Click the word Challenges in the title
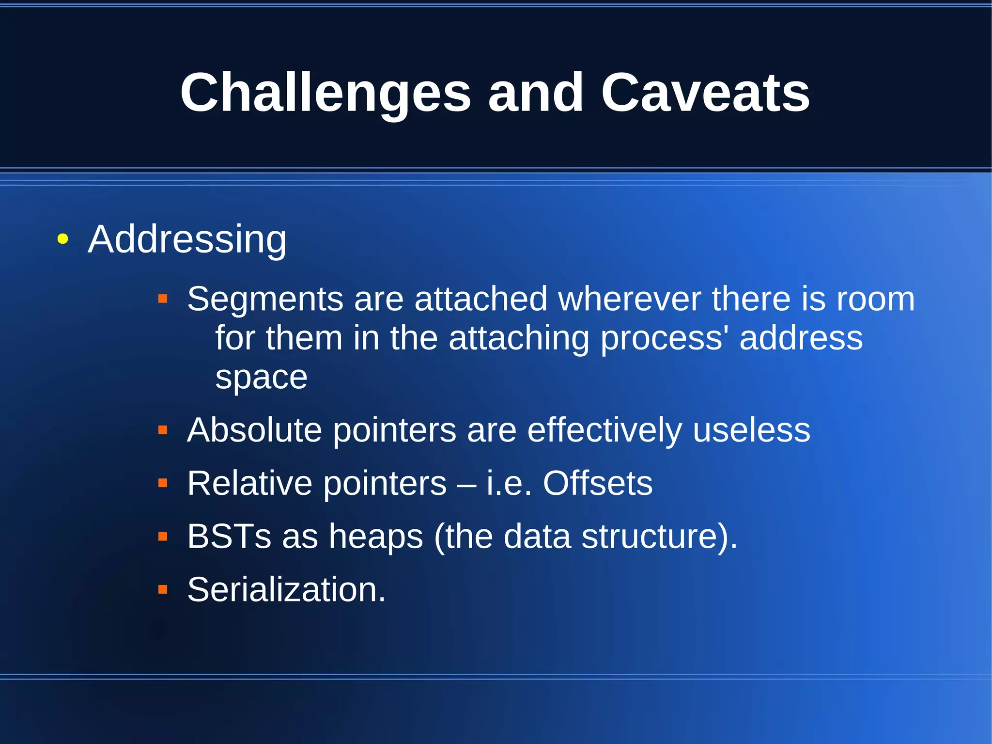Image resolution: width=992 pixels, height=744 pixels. tap(325, 93)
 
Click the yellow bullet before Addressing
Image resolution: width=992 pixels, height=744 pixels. tap(62, 239)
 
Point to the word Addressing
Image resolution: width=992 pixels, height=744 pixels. tap(187, 239)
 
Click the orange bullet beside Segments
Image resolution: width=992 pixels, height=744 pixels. tap(163, 299)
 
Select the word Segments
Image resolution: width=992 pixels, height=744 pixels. tap(265, 299)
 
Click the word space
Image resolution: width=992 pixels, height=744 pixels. tap(261, 378)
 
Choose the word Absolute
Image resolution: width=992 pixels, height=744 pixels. tap(254, 430)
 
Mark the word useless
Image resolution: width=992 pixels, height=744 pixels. tap(751, 430)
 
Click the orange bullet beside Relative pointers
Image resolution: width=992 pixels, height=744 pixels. tap(163, 483)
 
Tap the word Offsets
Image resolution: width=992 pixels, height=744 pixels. tap(597, 483)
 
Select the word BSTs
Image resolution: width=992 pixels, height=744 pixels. tap(229, 537)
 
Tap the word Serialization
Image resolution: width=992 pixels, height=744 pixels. tap(286, 590)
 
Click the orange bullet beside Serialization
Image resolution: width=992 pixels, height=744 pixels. tap(163, 590)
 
